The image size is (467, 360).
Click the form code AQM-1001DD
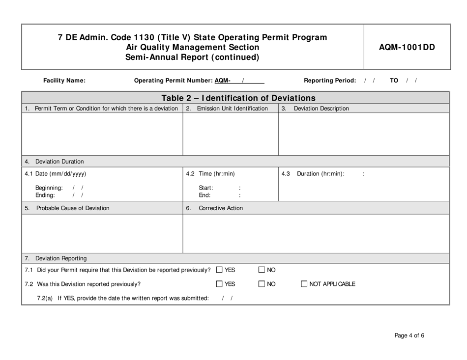(407, 47)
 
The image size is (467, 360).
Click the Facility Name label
(64, 81)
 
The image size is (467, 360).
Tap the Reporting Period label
(330, 81)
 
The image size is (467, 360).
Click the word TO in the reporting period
(394, 81)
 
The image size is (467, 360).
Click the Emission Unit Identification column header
(232, 109)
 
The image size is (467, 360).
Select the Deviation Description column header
(321, 109)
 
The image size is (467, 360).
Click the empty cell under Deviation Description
(364, 134)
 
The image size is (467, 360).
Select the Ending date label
(45, 194)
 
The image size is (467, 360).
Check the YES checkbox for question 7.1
(219, 270)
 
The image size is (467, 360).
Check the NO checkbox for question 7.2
(262, 284)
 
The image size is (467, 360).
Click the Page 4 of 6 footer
(409, 336)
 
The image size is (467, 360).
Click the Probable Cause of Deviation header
(73, 208)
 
